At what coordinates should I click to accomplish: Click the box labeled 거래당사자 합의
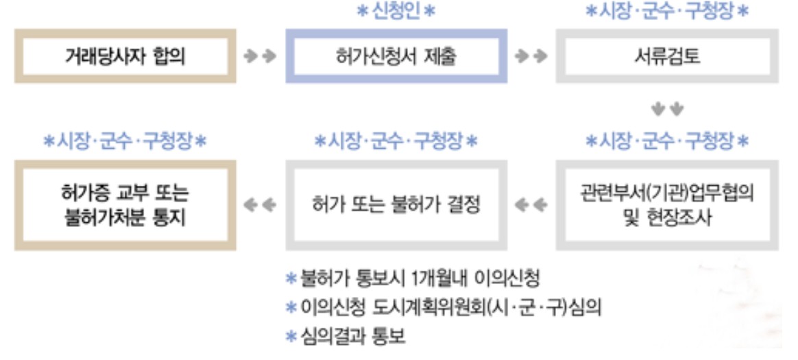125,57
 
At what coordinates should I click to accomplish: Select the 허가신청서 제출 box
396,57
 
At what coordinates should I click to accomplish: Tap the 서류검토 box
667,57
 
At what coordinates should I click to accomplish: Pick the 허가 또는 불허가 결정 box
396,205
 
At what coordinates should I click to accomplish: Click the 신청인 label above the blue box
396,12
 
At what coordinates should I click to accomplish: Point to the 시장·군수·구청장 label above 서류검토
667,12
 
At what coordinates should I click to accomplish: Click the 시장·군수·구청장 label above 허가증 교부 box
125,141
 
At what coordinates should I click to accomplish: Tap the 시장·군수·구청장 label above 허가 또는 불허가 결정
396,141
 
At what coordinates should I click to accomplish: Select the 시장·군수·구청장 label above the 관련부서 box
667,141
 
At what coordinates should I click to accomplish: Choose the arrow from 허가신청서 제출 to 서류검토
531,57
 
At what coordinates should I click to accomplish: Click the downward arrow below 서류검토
667,109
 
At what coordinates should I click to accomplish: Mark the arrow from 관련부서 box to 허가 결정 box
531,205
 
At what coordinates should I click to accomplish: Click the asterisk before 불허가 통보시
290,280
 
